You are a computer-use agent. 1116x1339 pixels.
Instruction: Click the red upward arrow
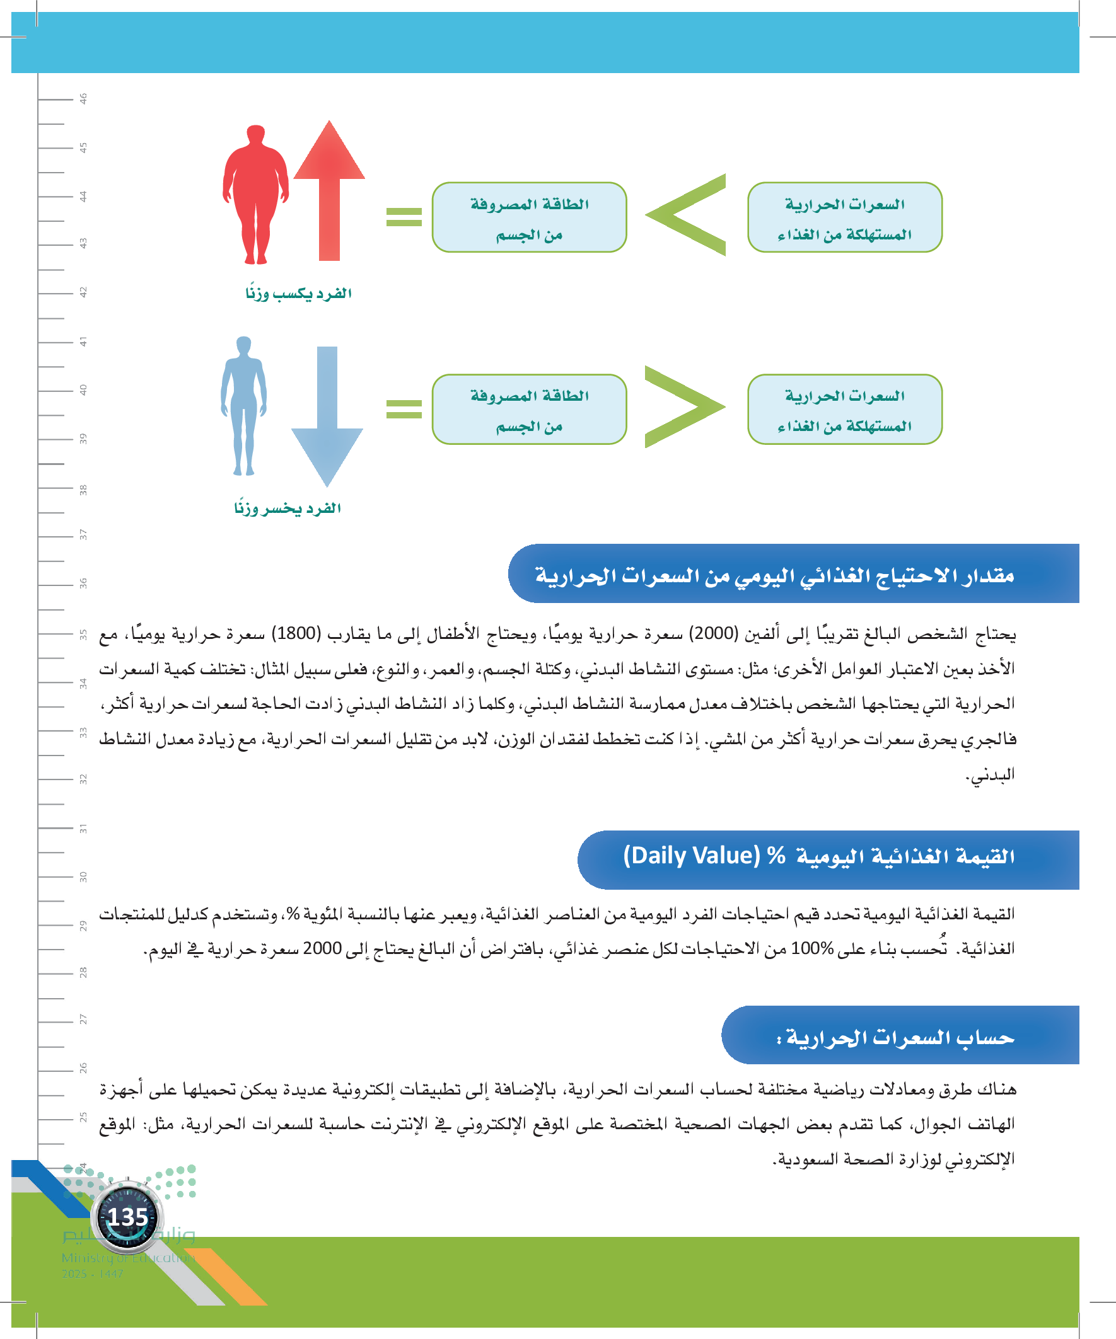[329, 192]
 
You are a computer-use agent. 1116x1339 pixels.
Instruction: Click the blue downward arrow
[327, 415]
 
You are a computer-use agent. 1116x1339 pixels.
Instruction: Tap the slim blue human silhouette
[243, 406]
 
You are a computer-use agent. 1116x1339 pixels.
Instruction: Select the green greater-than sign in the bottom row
[683, 407]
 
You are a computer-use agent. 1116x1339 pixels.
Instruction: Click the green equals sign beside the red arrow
[404, 217]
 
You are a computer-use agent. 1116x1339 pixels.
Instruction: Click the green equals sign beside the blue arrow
[404, 409]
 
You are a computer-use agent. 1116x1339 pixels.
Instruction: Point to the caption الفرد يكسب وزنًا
[299, 293]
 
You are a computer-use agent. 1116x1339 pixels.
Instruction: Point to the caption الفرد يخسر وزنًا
[288, 508]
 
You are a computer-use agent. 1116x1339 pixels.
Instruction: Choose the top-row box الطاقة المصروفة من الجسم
[529, 217]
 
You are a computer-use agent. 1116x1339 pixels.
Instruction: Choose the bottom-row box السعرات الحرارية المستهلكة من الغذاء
[844, 410]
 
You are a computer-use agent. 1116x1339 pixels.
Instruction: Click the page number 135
[127, 1217]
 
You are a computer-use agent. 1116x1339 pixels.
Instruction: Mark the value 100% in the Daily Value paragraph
[812, 949]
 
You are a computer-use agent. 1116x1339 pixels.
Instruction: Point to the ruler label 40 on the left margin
[83, 389]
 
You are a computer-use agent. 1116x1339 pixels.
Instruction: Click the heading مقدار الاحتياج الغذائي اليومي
[775, 576]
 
